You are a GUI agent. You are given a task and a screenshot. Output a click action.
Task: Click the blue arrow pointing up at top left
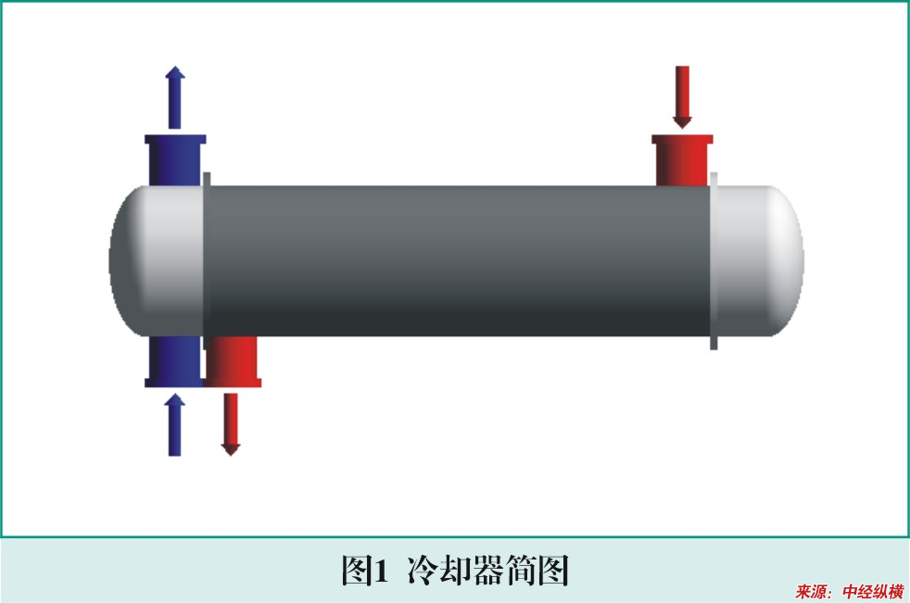pyautogui.click(x=175, y=97)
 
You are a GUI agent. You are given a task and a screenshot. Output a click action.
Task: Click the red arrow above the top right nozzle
pyautogui.click(x=682, y=97)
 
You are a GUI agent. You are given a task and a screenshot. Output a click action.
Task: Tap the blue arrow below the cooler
pyautogui.click(x=175, y=425)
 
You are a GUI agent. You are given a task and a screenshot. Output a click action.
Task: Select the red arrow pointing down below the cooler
pyautogui.click(x=231, y=425)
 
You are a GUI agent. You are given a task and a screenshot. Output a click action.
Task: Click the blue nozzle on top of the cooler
pyautogui.click(x=175, y=161)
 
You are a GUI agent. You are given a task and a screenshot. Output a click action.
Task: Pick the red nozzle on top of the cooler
pyautogui.click(x=682, y=161)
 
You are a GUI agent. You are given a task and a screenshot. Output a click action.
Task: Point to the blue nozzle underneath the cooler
pyautogui.click(x=174, y=361)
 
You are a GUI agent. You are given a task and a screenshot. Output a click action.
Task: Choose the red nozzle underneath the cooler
pyautogui.click(x=233, y=361)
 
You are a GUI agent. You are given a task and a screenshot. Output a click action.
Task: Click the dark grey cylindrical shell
pyautogui.click(x=459, y=261)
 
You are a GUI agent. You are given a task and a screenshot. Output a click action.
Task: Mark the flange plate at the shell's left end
pyautogui.click(x=207, y=261)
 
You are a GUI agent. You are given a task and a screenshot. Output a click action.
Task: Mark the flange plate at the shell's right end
pyautogui.click(x=714, y=261)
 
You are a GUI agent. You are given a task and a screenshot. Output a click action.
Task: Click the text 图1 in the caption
pyautogui.click(x=364, y=571)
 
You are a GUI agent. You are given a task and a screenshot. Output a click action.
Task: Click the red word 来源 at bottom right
pyautogui.click(x=811, y=592)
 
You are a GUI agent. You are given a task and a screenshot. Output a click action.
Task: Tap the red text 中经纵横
pyautogui.click(x=874, y=592)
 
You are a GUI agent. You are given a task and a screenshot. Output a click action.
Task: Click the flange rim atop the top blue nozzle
pyautogui.click(x=175, y=139)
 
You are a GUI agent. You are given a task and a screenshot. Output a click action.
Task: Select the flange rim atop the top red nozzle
pyautogui.click(x=682, y=139)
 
